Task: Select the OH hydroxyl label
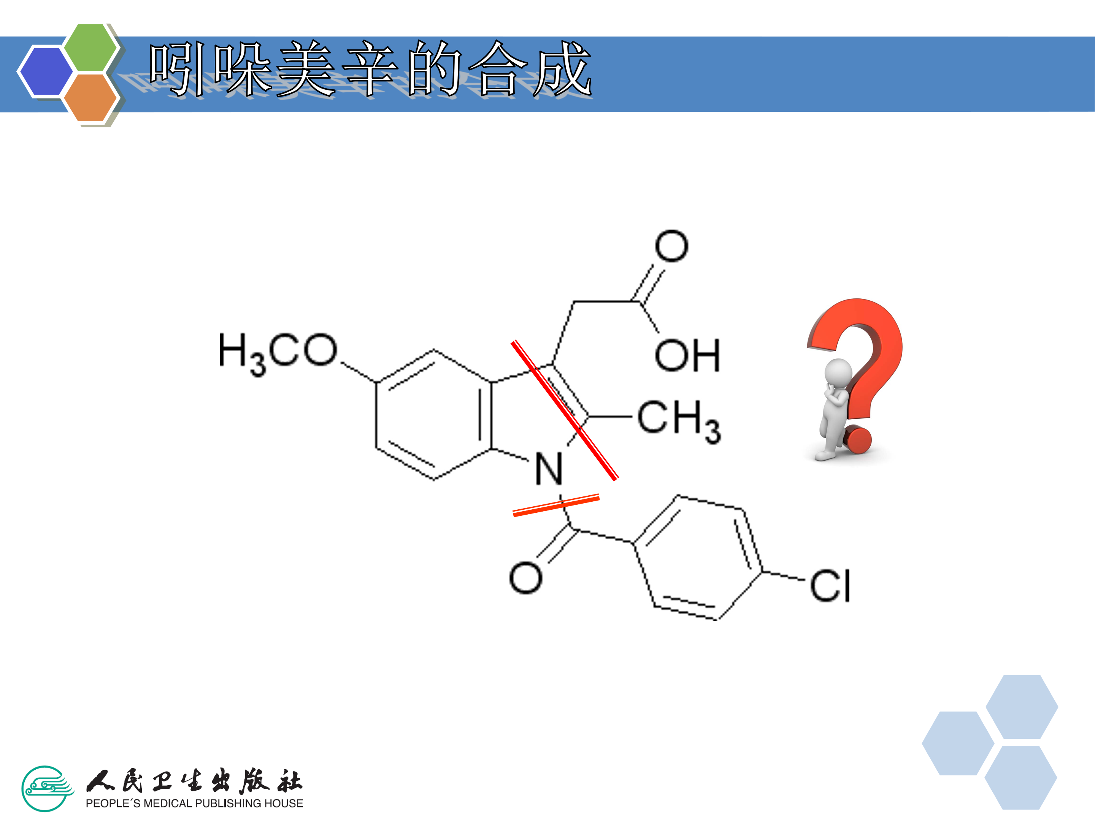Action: (x=687, y=356)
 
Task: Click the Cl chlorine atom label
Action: (x=830, y=586)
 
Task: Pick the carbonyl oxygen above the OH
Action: (x=671, y=246)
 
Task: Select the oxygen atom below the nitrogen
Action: (x=526, y=577)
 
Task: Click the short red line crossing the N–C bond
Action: (x=556, y=505)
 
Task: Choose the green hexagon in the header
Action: (x=90, y=48)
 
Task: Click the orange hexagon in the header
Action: (x=90, y=97)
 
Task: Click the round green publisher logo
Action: (x=46, y=789)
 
